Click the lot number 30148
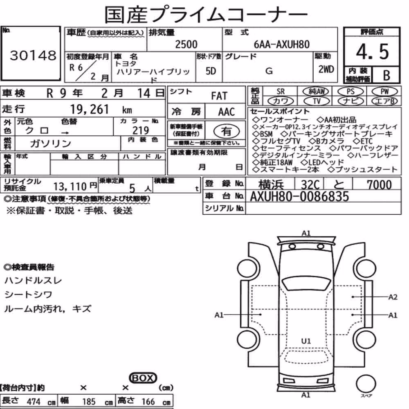[33, 55]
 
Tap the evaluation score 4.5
[372, 52]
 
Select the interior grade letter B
[387, 75]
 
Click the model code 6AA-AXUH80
[281, 45]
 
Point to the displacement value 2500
[186, 44]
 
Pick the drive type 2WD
[326, 69]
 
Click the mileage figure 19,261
[89, 109]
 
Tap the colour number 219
[141, 130]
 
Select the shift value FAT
[219, 96]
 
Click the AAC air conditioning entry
[227, 112]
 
